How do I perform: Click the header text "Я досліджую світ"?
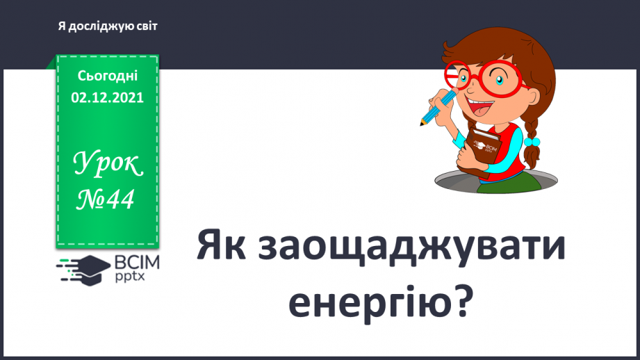tap(108, 26)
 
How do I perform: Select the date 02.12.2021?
tap(108, 98)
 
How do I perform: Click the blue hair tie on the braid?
tap(533, 141)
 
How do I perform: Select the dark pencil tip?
tap(422, 123)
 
